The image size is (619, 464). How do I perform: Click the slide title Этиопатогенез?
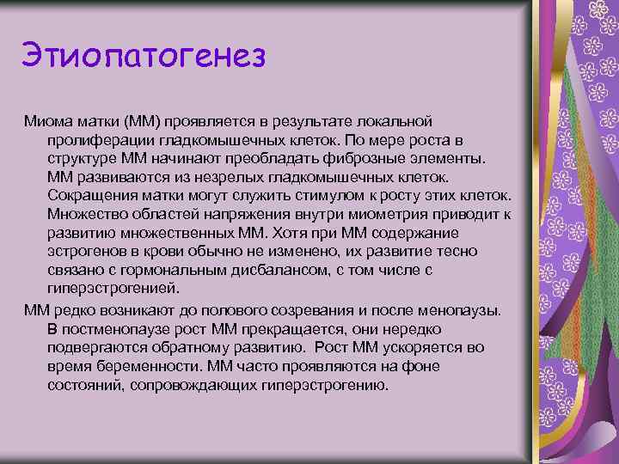pos(144,57)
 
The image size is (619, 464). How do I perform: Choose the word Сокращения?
pos(91,195)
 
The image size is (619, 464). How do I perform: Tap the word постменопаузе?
pos(119,327)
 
